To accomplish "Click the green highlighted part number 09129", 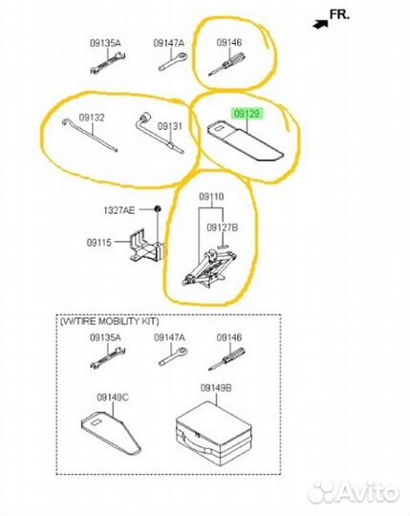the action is click(248, 114).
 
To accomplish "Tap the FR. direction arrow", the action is click(320, 24).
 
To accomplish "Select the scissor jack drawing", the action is click(209, 269).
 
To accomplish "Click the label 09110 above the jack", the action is click(211, 197).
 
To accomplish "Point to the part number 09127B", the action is click(222, 227).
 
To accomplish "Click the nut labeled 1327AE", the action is click(158, 208).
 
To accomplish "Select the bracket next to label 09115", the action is click(146, 247).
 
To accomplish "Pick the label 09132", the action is click(92, 118).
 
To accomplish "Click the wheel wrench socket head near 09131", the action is click(144, 118).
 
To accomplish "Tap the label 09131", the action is click(169, 126).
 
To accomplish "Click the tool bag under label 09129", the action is click(245, 141).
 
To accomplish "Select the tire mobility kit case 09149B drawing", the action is click(214, 432).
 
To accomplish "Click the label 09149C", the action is click(113, 398).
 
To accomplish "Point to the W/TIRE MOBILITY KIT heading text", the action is click(109, 321).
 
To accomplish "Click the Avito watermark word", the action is click(368, 492).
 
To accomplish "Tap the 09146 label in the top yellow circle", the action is click(229, 42).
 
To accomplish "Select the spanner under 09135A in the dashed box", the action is click(107, 358).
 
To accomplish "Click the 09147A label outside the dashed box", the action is click(169, 43).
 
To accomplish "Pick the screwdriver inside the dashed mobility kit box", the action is click(227, 359).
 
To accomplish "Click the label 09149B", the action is click(216, 388).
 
